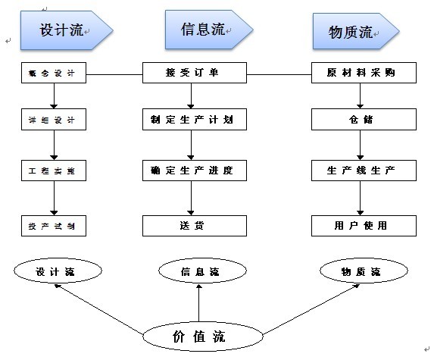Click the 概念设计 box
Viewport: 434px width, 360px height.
click(x=53, y=74)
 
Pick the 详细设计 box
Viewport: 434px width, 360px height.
click(x=53, y=120)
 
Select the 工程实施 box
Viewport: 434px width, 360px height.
click(x=53, y=171)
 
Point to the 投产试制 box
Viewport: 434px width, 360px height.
click(x=53, y=226)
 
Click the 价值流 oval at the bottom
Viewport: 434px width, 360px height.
click(x=198, y=336)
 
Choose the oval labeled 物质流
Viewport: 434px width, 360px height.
click(x=360, y=271)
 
